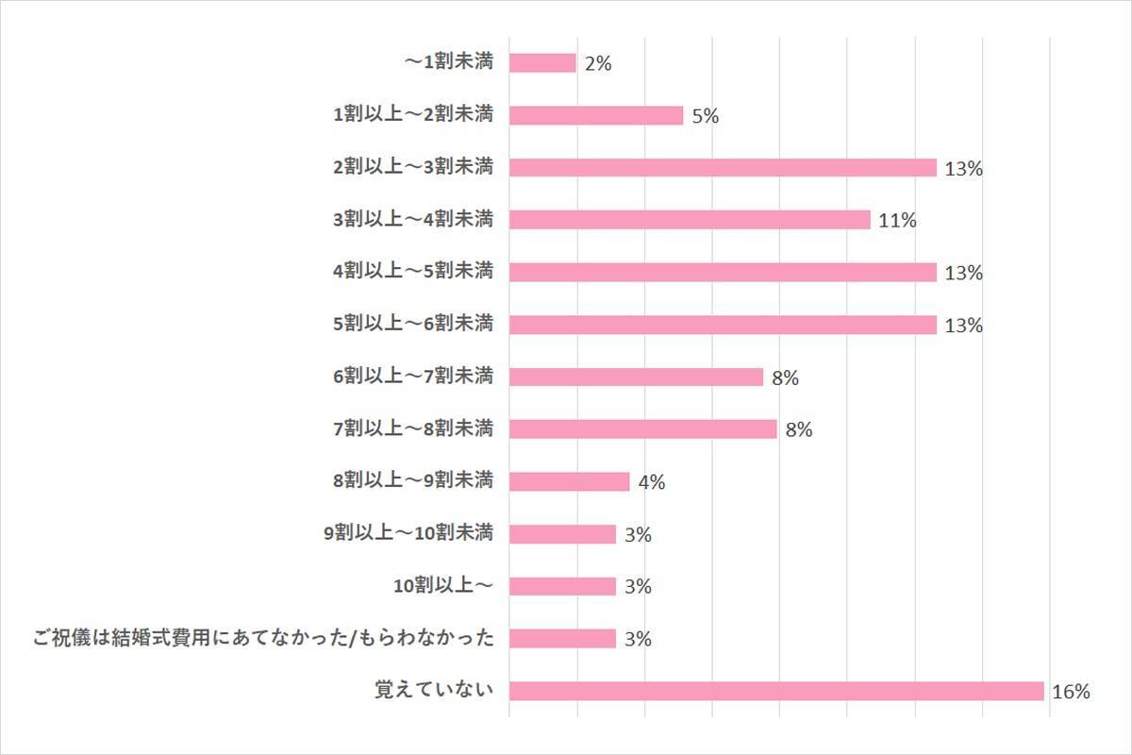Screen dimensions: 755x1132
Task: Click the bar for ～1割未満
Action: [x=542, y=63]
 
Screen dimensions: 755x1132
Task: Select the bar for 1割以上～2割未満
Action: [x=596, y=115]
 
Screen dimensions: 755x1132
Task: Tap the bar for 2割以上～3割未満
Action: [x=723, y=168]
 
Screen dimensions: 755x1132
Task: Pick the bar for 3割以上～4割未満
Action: [x=690, y=220]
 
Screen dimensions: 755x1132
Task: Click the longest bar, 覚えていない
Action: [x=776, y=691]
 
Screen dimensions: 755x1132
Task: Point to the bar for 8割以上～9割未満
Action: [x=569, y=481]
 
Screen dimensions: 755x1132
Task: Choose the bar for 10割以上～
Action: [x=562, y=586]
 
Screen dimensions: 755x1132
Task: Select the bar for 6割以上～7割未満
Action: [x=636, y=377]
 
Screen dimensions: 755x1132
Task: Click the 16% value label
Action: [x=1071, y=692]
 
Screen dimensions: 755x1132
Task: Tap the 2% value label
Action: [x=598, y=64]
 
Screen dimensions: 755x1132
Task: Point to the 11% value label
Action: [x=897, y=221]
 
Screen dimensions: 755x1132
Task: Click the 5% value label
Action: [x=706, y=116]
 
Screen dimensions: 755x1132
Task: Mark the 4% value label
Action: [x=652, y=482]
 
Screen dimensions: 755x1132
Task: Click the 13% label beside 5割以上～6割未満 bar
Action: [x=963, y=326]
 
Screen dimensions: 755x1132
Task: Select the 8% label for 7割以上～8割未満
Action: [x=798, y=430]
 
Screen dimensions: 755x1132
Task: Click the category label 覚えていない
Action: [x=434, y=690]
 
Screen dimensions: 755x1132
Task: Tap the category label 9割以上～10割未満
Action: [x=408, y=533]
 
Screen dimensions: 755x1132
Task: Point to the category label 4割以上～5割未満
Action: [x=413, y=272]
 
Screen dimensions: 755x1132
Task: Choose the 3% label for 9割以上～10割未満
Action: [x=639, y=535]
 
